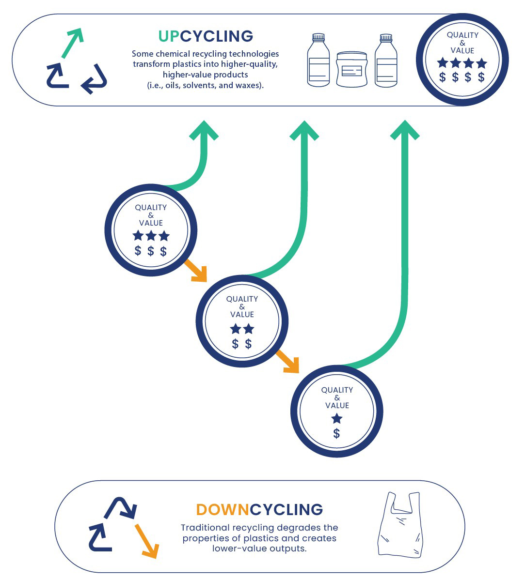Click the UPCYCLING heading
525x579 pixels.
click(206, 36)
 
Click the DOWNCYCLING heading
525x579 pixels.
click(259, 510)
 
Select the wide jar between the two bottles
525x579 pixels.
click(352, 69)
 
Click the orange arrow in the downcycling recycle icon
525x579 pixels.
click(146, 541)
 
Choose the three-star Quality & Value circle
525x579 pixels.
click(151, 230)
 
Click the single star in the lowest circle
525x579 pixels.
click(337, 419)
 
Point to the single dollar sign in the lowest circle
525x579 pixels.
click(337, 434)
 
